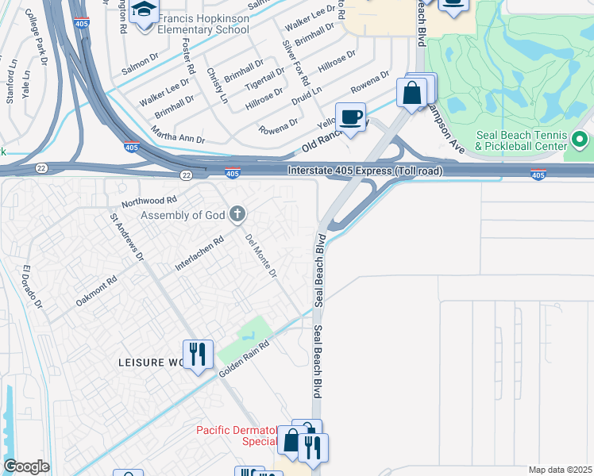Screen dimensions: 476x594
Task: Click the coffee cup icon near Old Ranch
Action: (x=350, y=118)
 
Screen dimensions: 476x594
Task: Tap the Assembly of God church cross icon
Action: (x=237, y=213)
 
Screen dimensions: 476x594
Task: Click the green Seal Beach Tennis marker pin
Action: (x=580, y=140)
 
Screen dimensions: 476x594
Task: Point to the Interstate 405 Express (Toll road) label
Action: (x=364, y=171)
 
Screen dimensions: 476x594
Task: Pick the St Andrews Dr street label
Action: (x=128, y=236)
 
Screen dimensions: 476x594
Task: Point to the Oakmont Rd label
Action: (x=96, y=291)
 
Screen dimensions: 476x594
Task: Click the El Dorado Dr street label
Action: (x=31, y=287)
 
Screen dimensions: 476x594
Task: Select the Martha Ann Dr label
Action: (x=178, y=139)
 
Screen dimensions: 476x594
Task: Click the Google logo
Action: (x=26, y=466)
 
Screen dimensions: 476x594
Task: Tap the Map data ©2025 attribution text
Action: (x=559, y=470)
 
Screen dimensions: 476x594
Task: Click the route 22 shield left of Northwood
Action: (x=40, y=168)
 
